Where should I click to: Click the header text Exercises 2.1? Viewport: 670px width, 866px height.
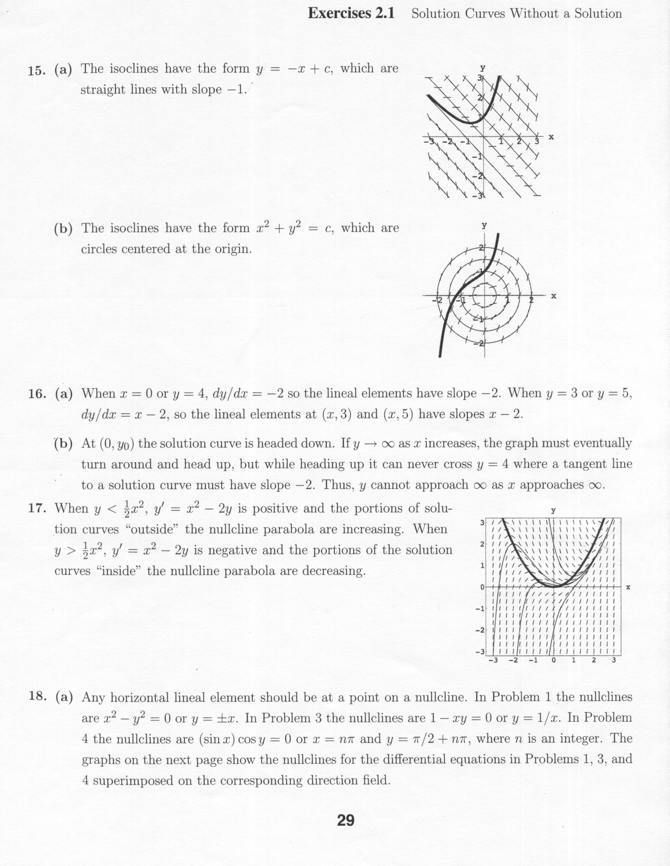pos(351,14)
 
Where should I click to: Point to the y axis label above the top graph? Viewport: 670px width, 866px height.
pos(483,68)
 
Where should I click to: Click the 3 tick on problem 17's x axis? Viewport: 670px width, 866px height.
pos(614,660)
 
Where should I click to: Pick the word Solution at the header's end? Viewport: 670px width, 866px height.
pos(598,14)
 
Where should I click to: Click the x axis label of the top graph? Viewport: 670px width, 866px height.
pos(551,137)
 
